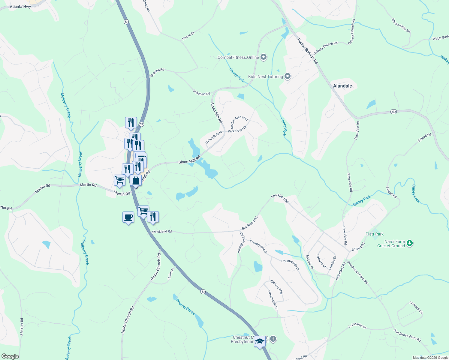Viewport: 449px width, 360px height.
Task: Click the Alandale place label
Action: point(342,86)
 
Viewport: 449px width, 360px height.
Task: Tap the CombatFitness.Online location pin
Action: point(264,57)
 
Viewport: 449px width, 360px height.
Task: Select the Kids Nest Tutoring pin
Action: point(288,76)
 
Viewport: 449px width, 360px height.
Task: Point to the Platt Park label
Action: point(375,234)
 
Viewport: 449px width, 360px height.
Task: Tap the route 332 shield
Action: point(393,112)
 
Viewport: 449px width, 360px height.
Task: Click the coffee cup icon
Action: point(128,217)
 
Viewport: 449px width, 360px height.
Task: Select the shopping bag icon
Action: point(136,181)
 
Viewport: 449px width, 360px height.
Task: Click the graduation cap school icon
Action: point(260,341)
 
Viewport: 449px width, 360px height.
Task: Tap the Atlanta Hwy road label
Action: point(20,6)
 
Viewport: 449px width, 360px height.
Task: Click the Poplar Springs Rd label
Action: point(307,51)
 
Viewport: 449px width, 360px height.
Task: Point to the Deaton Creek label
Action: point(185,306)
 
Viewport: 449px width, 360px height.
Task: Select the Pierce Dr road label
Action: point(188,36)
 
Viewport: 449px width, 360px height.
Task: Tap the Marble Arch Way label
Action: point(239,121)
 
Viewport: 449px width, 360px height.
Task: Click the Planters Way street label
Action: point(276,286)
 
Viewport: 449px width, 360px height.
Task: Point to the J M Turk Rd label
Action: point(22,327)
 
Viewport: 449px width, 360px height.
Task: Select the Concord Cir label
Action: point(416,308)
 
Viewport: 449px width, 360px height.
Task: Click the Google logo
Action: point(10,356)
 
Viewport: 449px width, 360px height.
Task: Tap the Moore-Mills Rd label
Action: point(401,25)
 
